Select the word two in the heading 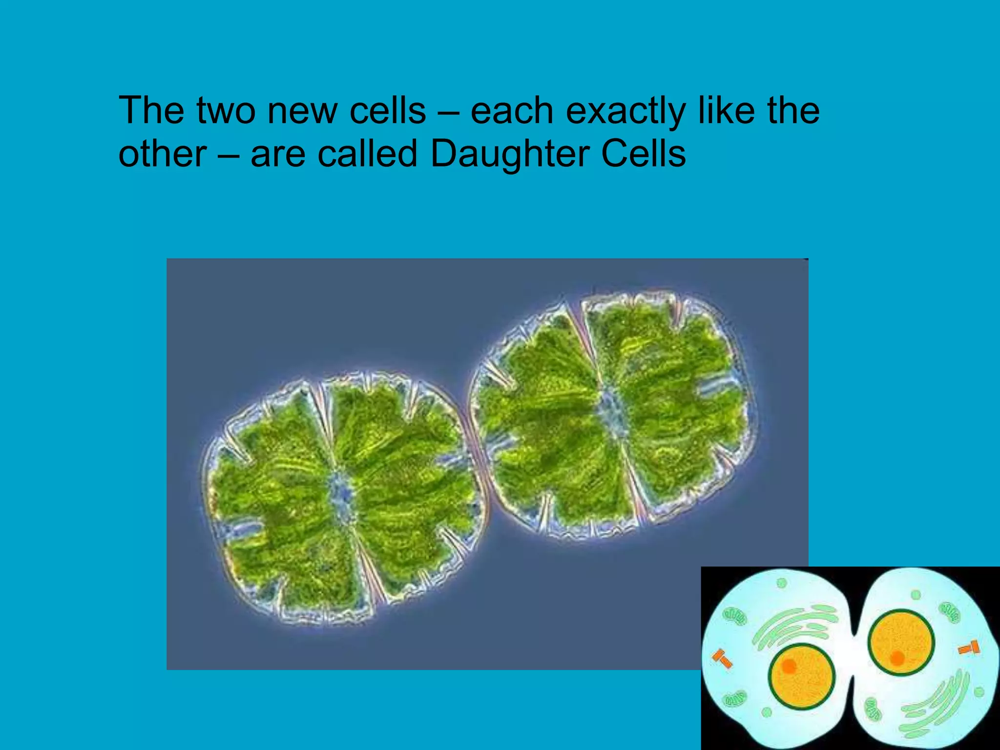pyautogui.click(x=226, y=111)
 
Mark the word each pyautogui.click(x=512, y=111)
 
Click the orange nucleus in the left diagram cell pyautogui.click(x=801, y=677)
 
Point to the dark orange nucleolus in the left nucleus pyautogui.click(x=789, y=666)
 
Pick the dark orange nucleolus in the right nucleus pyautogui.click(x=897, y=658)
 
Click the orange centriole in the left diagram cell pyautogui.click(x=722, y=659)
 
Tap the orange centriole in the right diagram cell pyautogui.click(x=969, y=648)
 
